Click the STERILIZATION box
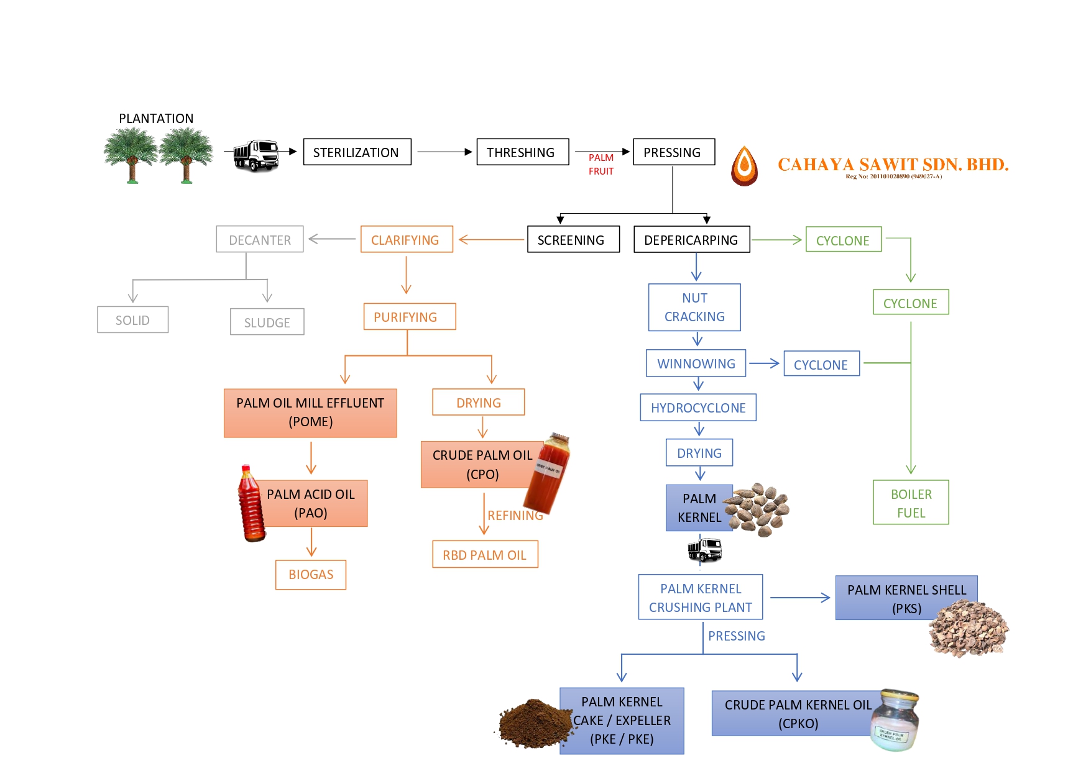coord(357,152)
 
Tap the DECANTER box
coord(260,239)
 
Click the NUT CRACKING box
coord(694,308)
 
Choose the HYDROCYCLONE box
coord(698,408)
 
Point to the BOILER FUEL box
coord(911,503)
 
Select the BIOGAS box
coord(311,575)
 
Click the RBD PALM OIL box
coord(485,555)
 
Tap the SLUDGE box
coord(267,322)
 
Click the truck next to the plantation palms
coord(255,155)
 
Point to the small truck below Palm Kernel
coord(704,550)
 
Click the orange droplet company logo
coord(744,166)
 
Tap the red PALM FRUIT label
coord(601,165)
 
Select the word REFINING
coord(515,516)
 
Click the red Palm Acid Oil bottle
coord(251,504)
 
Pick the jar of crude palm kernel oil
coord(895,721)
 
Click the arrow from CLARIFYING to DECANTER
coord(332,239)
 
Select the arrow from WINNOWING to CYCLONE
coord(764,363)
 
